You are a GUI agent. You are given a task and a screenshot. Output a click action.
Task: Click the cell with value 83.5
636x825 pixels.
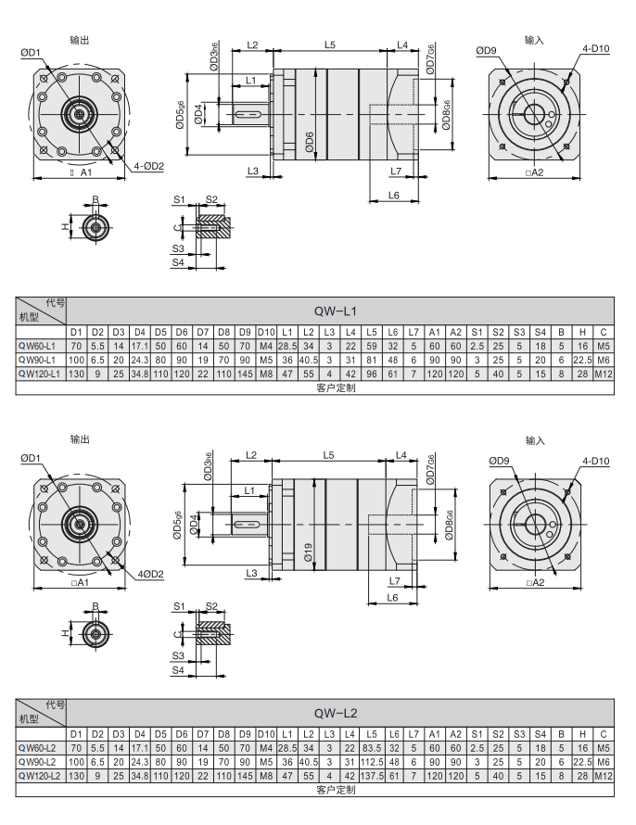click(372, 747)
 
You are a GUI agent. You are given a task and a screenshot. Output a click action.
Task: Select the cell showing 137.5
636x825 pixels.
click(372, 775)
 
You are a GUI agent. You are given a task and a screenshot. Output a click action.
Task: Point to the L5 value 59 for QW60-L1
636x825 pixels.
click(372, 345)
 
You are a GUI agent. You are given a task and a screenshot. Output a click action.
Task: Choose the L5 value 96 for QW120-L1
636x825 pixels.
click(372, 373)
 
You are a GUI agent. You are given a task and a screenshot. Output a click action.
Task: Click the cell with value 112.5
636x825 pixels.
click(372, 761)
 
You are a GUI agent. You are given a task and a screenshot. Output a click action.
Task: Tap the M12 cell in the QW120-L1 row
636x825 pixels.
click(604, 373)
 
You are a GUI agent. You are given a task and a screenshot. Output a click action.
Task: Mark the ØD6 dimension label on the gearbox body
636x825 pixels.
click(310, 142)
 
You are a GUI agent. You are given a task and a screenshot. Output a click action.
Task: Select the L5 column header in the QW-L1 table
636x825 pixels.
click(372, 331)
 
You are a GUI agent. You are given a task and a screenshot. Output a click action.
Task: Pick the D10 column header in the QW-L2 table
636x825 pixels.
click(266, 733)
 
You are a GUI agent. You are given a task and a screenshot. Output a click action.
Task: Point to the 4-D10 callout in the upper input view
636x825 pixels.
click(595, 48)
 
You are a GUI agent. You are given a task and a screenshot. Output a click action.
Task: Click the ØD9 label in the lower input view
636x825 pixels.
click(499, 461)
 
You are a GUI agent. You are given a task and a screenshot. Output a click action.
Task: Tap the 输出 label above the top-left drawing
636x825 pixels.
click(80, 40)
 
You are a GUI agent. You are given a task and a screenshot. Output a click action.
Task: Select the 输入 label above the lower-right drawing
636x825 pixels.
click(535, 440)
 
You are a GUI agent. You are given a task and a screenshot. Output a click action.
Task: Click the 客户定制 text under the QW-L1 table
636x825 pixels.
click(336, 387)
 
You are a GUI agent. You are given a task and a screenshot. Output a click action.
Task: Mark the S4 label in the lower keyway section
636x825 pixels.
click(178, 668)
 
